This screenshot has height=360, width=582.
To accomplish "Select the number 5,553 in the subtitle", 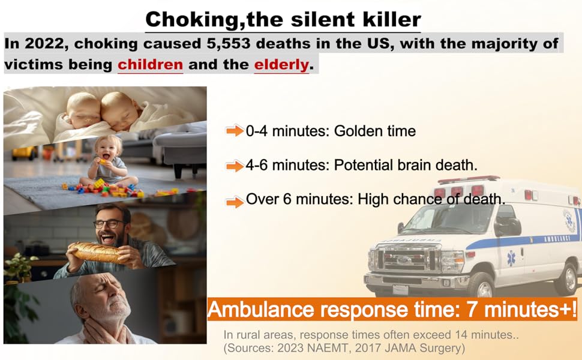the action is [x=228, y=44].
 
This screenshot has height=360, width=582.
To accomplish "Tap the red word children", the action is [x=151, y=65].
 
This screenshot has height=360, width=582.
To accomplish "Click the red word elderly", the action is [x=281, y=65].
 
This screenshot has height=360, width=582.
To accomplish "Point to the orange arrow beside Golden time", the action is [x=235, y=131].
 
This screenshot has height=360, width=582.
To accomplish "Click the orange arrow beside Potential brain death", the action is [x=235, y=166].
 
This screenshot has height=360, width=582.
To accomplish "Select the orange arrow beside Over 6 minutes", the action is [x=235, y=202].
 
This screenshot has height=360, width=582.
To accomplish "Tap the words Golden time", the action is [x=375, y=131].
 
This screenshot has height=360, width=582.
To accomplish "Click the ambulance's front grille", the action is [x=404, y=257].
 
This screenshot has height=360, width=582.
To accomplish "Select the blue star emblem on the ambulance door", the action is [x=511, y=258].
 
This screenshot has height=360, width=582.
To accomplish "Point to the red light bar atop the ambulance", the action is [x=469, y=179].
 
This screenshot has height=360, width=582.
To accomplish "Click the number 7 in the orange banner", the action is [x=472, y=309].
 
